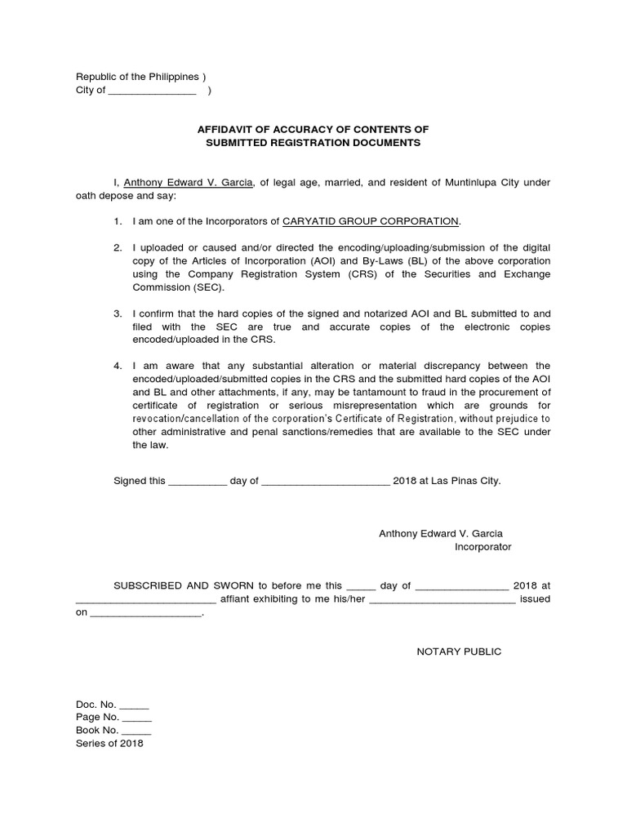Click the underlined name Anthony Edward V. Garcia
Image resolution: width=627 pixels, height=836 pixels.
tap(187, 182)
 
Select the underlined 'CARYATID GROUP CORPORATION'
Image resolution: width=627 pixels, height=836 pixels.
tap(371, 221)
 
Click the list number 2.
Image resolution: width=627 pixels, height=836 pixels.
tap(118, 247)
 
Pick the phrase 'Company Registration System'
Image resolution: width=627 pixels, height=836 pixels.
tap(240, 274)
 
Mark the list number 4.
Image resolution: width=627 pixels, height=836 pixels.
tap(118, 366)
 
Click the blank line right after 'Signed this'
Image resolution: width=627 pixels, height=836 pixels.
tap(197, 482)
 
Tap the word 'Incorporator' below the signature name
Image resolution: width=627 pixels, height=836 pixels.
tap(482, 547)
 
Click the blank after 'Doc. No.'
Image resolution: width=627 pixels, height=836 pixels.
tap(135, 705)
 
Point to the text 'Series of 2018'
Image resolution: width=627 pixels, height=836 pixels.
tap(109, 744)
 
